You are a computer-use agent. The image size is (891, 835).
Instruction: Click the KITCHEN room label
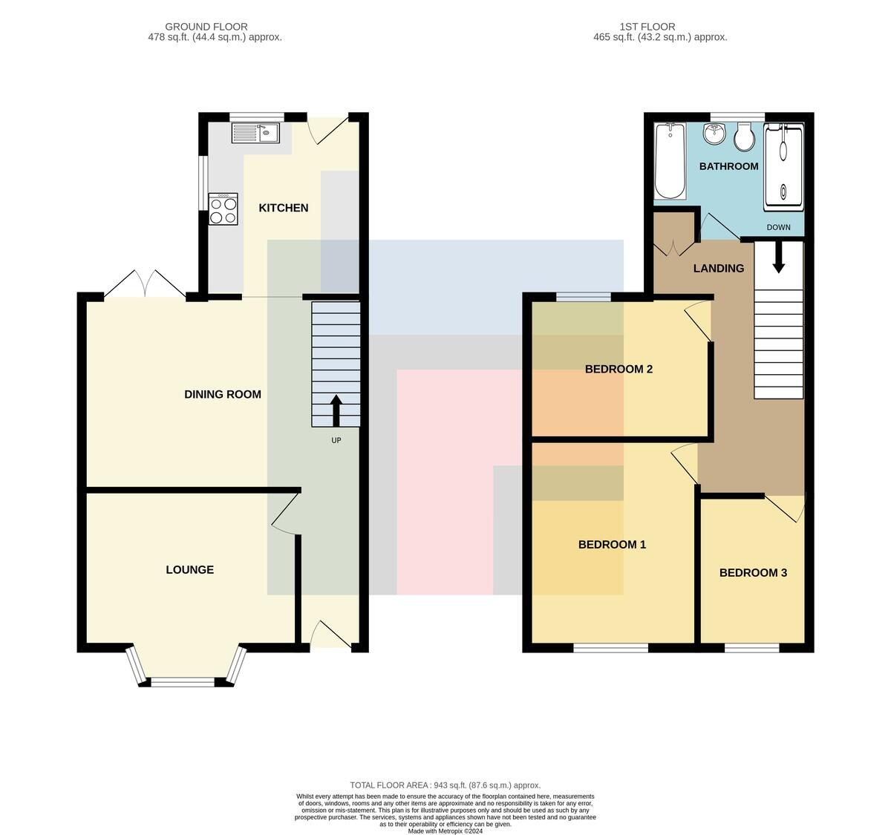pos(283,208)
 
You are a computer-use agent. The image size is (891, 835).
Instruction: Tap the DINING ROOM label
pos(223,394)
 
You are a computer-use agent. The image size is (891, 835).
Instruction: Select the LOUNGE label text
pos(190,570)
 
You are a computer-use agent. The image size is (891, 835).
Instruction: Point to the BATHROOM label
pos(728,166)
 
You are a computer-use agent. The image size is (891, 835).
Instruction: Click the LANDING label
pos(718,268)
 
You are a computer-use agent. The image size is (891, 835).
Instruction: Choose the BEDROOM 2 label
pos(619,370)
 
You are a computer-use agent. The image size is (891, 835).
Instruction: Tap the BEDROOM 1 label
pos(612,545)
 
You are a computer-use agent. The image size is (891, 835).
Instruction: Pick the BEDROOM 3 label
pos(753,573)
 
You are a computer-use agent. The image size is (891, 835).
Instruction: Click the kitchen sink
pos(255,133)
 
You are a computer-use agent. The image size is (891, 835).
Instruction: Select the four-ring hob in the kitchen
pos(223,209)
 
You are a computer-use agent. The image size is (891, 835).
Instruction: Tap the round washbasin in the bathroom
pos(714,134)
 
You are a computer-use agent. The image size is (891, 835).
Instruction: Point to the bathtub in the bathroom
pos(670,161)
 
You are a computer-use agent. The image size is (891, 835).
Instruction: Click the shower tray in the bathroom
pos(783,167)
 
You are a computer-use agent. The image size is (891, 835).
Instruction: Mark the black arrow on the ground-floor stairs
pos(336,410)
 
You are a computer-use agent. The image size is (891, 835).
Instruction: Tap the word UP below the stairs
pos(336,441)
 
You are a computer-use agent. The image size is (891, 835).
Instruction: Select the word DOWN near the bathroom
pos(778,227)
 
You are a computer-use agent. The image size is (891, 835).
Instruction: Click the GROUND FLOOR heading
pos(206,27)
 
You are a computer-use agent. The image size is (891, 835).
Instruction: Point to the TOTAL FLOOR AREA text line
pos(445,785)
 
